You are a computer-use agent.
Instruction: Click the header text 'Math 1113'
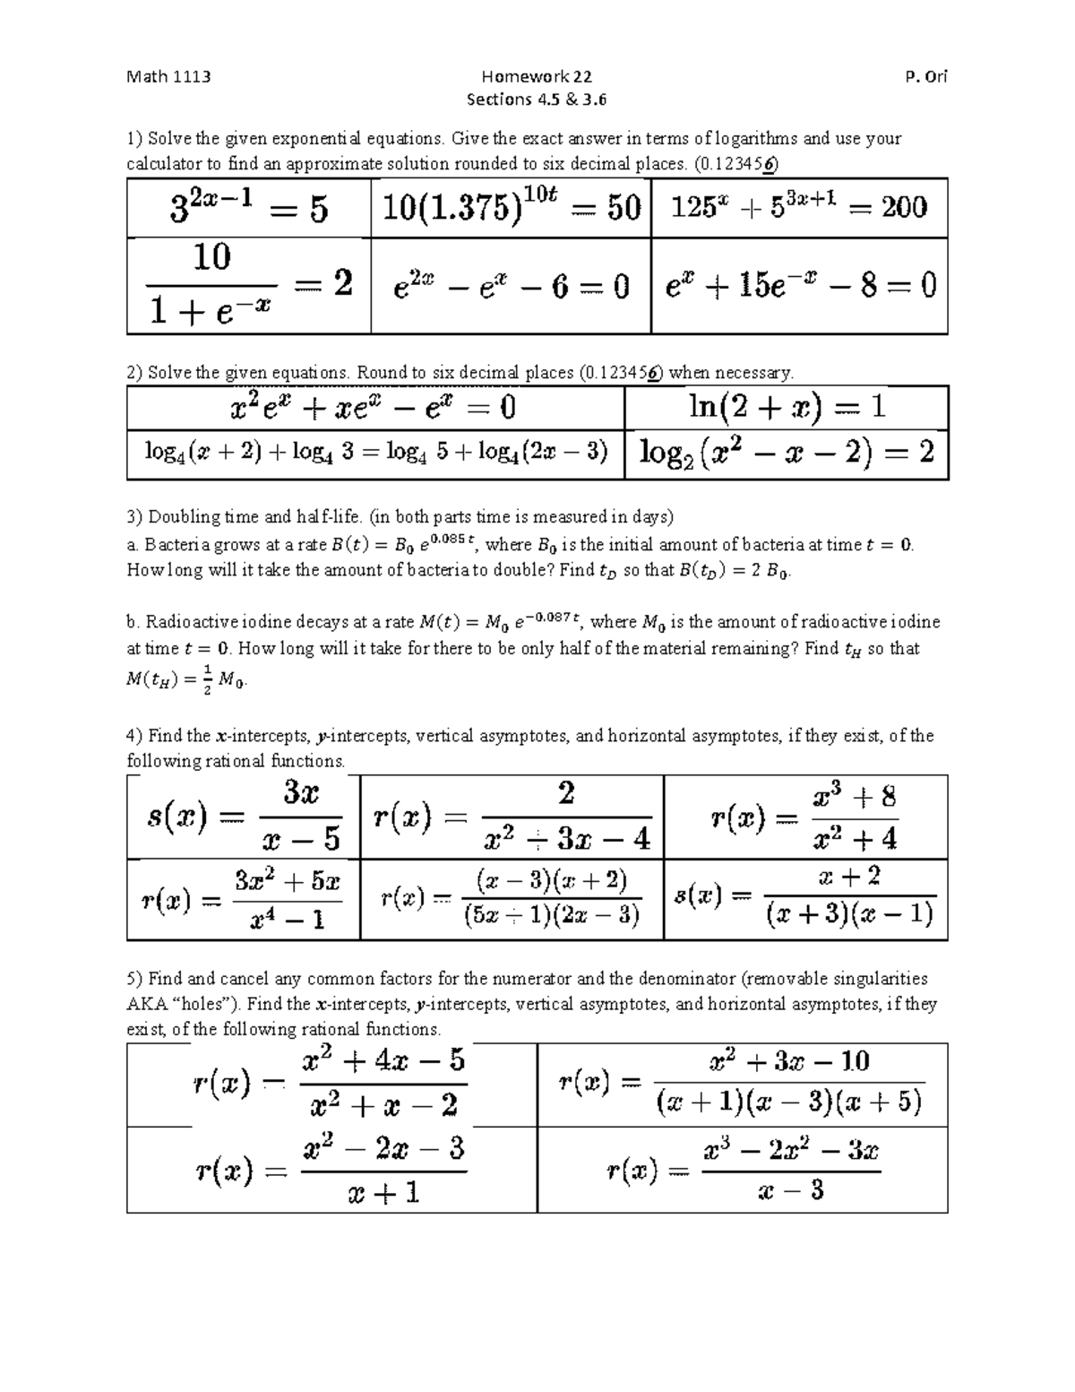click(168, 76)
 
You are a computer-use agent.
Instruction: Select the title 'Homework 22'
click(537, 76)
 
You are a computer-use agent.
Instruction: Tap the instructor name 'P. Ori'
click(926, 76)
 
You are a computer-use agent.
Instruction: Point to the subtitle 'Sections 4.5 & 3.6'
click(537, 99)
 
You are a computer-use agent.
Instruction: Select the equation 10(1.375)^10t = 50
click(512, 208)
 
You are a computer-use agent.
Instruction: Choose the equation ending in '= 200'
click(798, 208)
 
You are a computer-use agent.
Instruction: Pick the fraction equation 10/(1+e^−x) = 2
click(249, 285)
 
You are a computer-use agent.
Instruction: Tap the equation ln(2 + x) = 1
click(787, 408)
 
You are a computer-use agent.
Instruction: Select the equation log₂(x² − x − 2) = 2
click(787, 452)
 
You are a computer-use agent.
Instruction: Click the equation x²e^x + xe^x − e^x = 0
click(374, 409)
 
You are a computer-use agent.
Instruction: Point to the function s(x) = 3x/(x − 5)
click(244, 817)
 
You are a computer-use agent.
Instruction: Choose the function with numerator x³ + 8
click(804, 817)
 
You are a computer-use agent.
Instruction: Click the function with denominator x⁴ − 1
click(242, 899)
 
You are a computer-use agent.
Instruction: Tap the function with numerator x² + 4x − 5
click(331, 1084)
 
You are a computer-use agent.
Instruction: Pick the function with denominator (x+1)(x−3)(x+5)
click(740, 1083)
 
